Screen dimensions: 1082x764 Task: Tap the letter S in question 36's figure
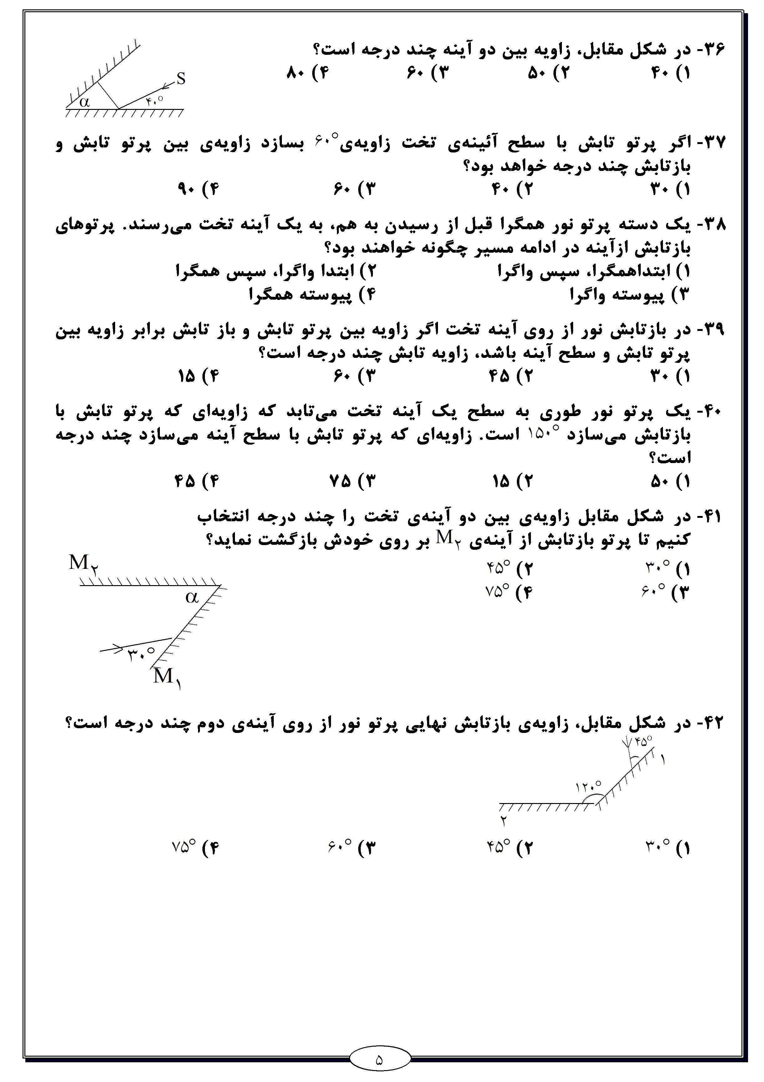click(181, 79)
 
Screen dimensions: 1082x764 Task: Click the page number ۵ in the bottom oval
click(379, 1061)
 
